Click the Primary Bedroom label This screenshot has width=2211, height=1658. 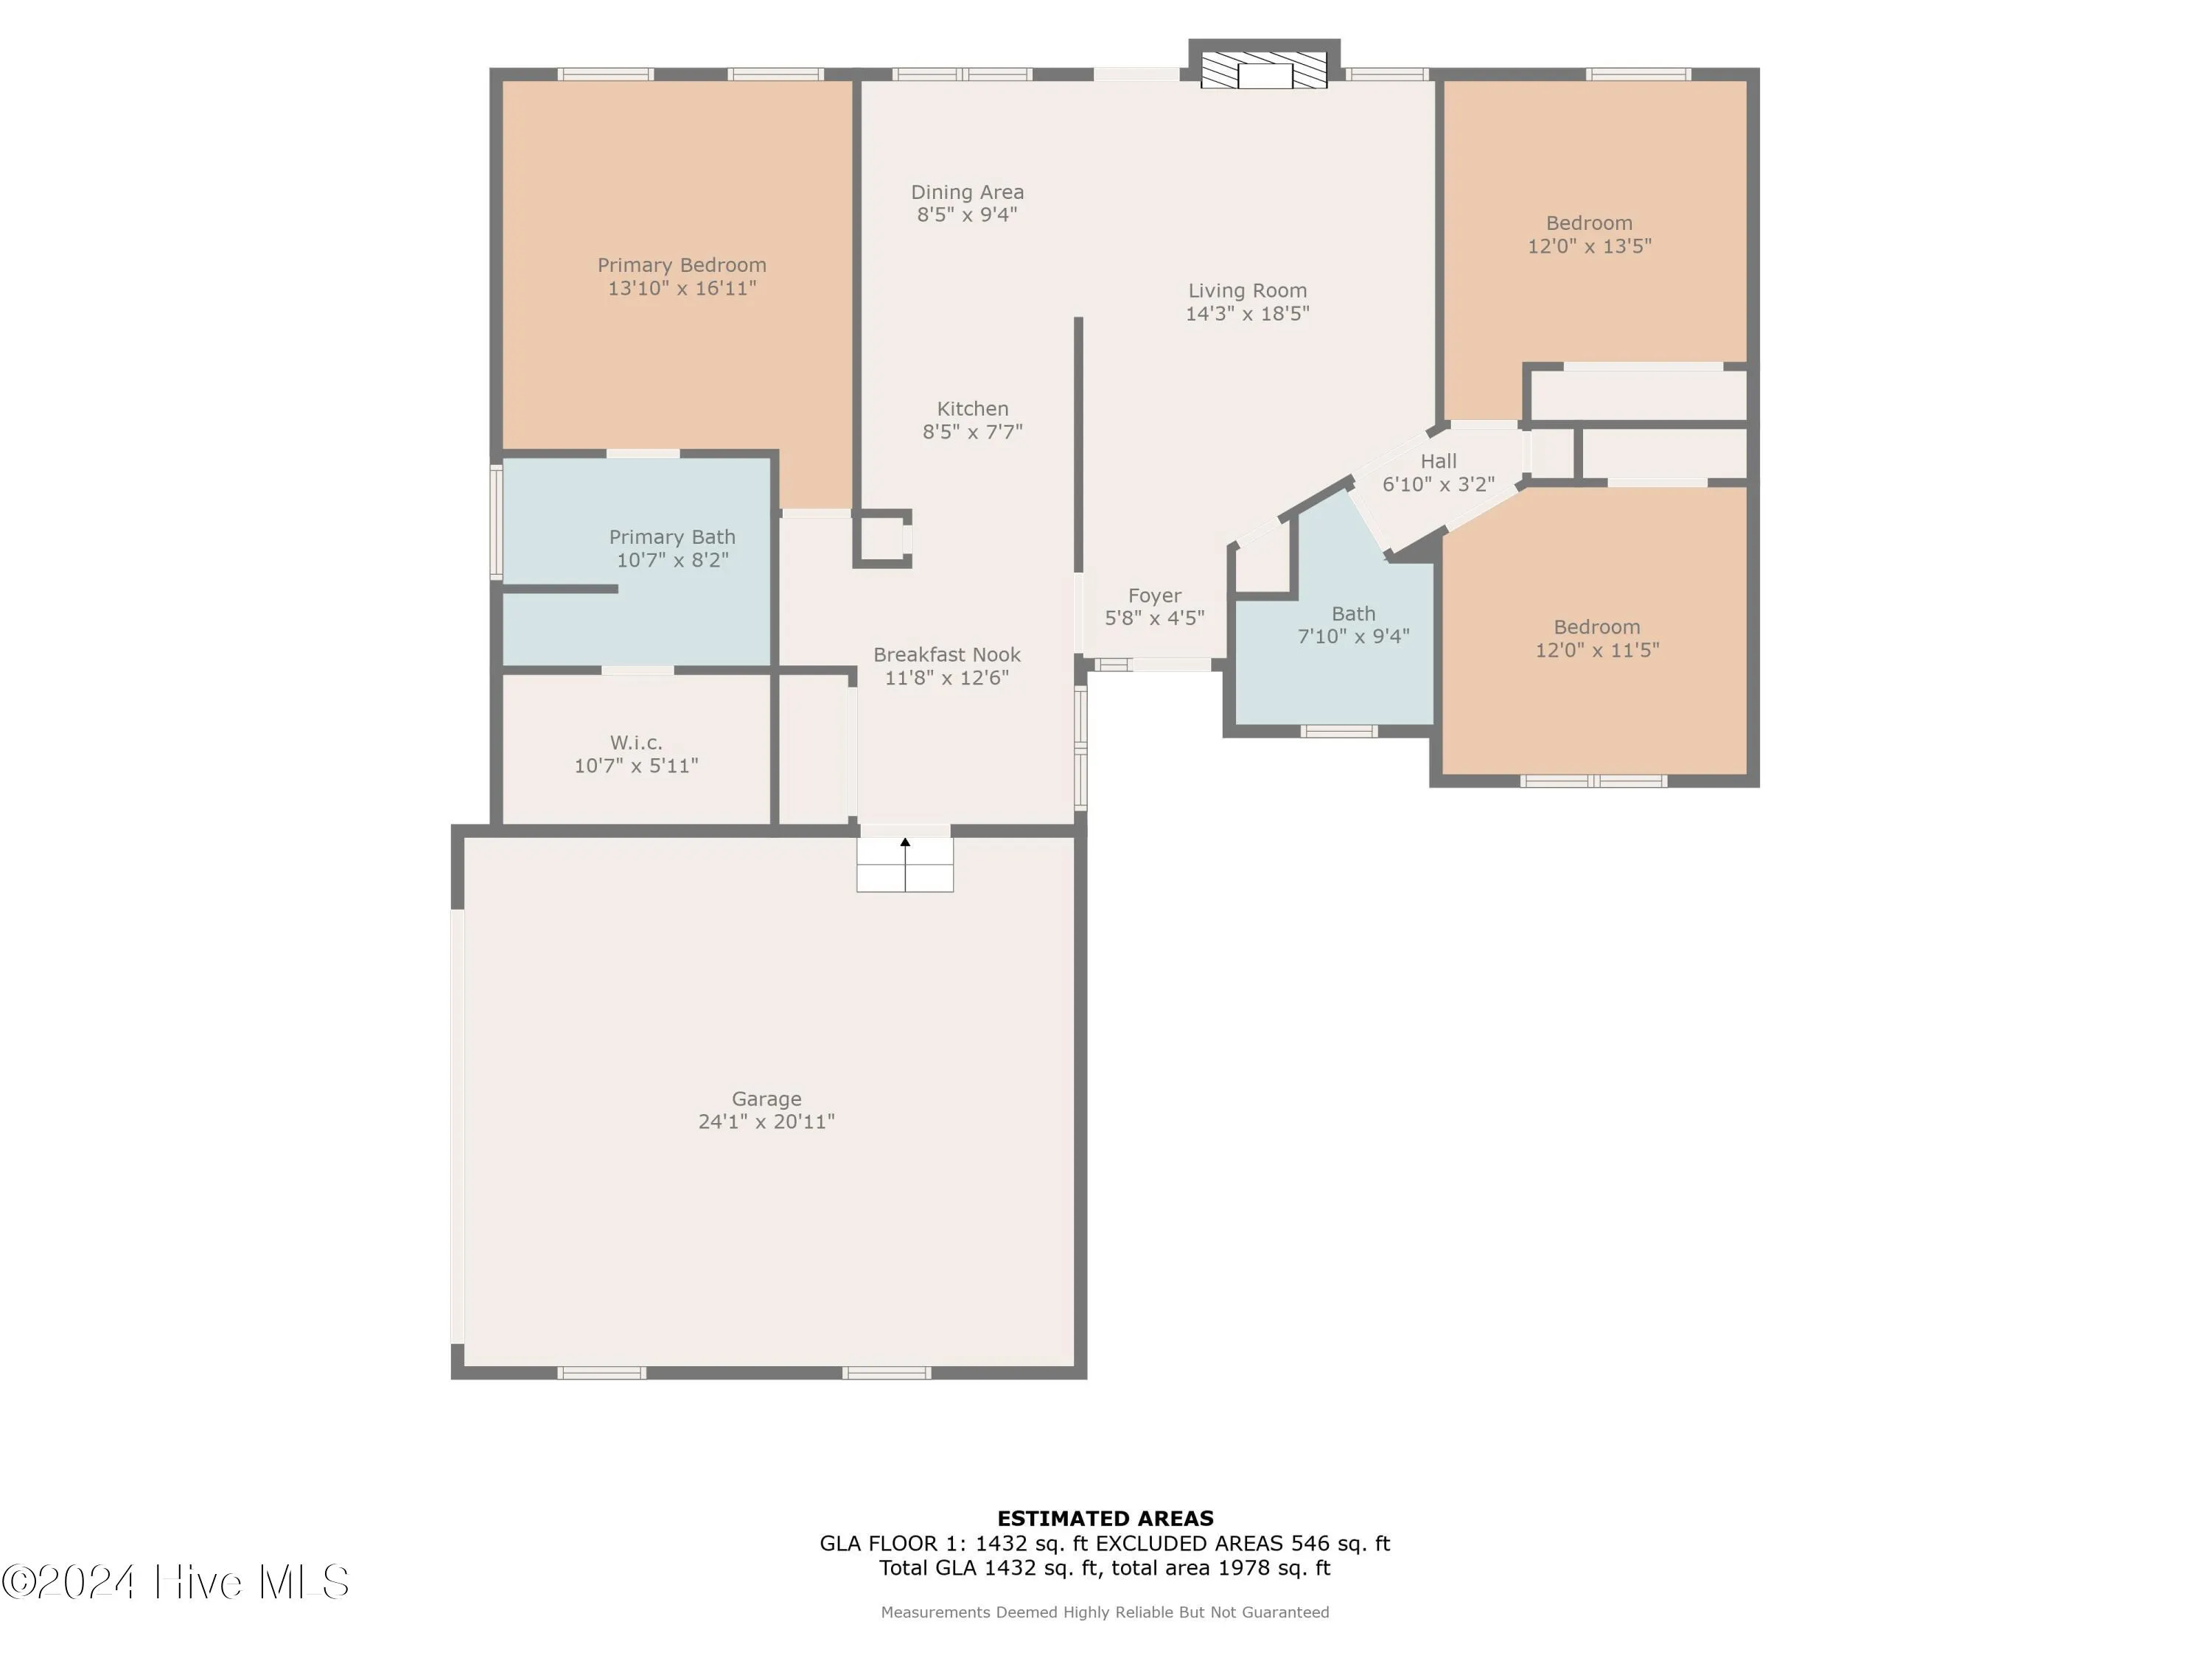(x=682, y=265)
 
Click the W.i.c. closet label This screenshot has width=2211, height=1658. (x=636, y=743)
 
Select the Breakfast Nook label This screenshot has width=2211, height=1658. (x=946, y=654)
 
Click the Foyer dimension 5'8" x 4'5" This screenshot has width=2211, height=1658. (x=1153, y=619)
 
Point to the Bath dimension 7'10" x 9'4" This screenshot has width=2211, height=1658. (x=1352, y=637)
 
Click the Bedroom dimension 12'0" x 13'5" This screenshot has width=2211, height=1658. (x=1588, y=247)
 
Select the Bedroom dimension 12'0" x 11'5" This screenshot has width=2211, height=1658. (x=1596, y=651)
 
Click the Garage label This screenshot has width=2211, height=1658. (x=766, y=1099)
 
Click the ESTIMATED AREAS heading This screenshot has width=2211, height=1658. (x=1105, y=1518)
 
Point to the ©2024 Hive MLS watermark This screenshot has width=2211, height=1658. (x=175, y=1582)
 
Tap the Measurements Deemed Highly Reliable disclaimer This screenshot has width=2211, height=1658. (x=1105, y=1612)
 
